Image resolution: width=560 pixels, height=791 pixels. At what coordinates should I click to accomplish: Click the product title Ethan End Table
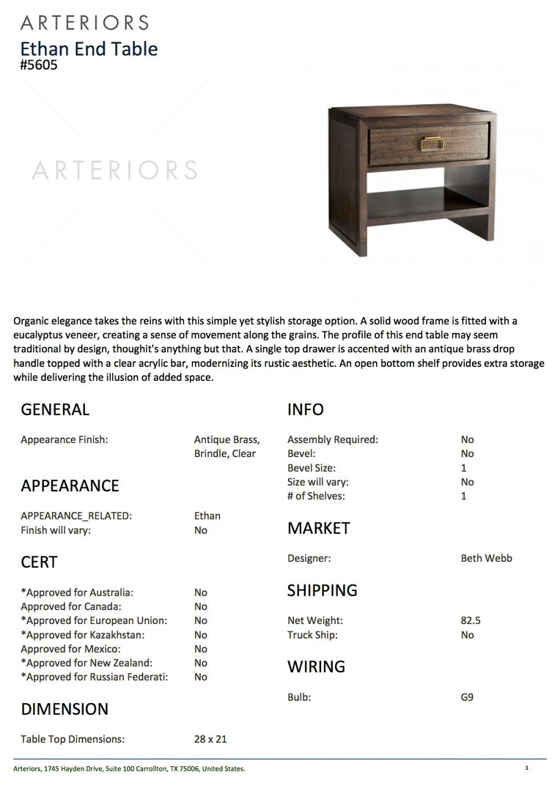(89, 49)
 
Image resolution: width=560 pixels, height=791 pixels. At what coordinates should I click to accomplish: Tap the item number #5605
(39, 65)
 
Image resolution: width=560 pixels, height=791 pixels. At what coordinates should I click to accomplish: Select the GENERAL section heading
(55, 409)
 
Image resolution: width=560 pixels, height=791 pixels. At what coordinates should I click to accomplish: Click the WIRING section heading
(316, 666)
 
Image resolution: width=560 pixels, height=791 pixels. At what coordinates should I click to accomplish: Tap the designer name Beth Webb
(486, 558)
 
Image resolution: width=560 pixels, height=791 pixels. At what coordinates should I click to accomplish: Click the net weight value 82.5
(471, 620)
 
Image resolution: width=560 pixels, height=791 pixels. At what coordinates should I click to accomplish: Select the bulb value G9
(467, 697)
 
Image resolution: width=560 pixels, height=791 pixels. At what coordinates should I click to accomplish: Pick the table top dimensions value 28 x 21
(210, 739)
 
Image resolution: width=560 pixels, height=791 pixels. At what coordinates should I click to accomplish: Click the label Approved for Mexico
(70, 649)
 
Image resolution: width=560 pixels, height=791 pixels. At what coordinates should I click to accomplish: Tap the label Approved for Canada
(71, 606)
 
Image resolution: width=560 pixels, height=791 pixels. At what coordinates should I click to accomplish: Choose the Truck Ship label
(312, 635)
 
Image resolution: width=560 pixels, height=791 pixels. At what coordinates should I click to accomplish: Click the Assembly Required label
(333, 439)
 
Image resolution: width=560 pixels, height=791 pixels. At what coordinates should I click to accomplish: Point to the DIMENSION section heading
(65, 709)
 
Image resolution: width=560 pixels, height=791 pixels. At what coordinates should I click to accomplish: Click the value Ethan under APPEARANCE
(207, 516)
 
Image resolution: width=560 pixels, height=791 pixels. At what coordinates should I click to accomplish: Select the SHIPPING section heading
(323, 590)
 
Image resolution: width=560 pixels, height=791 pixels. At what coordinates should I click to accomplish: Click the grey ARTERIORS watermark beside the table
(114, 171)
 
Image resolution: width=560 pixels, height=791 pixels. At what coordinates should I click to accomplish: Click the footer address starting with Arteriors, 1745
(129, 768)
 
